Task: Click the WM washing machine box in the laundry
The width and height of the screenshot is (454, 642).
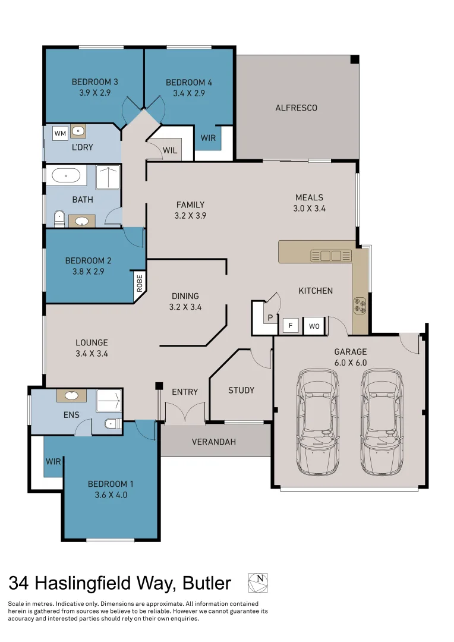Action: [60, 133]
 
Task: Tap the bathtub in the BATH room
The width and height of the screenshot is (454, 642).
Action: [66, 175]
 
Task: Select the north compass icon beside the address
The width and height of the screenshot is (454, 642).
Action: [258, 583]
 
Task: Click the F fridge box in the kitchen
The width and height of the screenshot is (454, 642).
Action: [291, 326]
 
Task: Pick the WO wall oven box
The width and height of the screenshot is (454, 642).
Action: [314, 326]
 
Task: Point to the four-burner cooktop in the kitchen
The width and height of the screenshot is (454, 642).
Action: [360, 304]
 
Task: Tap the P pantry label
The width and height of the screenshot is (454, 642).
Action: [270, 317]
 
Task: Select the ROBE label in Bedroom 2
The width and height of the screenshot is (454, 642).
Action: [139, 282]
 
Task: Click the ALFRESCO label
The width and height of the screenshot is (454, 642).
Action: [296, 108]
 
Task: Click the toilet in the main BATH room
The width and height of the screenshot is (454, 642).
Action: [58, 219]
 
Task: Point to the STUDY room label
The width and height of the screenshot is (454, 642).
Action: [241, 391]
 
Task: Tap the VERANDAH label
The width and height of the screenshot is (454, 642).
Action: [213, 442]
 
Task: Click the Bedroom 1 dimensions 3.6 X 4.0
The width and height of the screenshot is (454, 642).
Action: [108, 495]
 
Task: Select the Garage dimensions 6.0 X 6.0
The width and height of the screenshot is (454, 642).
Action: [351, 363]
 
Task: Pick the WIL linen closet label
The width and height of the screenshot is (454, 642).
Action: [170, 150]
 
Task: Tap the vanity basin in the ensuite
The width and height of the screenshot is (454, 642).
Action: [72, 395]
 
